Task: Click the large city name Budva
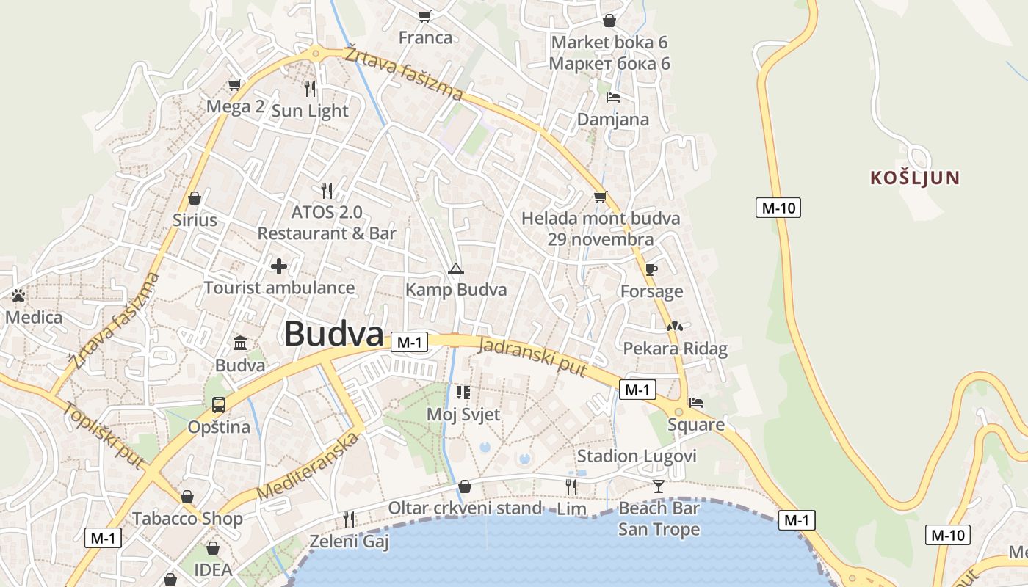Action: coord(334,334)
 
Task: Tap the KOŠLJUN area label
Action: coord(915,178)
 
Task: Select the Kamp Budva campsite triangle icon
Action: coord(456,269)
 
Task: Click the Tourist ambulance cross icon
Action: coord(279,266)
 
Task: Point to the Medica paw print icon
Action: coord(18,296)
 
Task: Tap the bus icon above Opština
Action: coord(219,404)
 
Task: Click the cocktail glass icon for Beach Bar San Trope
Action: coord(659,486)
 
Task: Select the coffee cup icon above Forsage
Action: coord(651,269)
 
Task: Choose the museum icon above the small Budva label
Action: coord(240,343)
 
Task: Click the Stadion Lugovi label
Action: coord(637,456)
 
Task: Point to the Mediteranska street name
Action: coord(308,467)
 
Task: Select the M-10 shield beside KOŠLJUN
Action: coord(778,208)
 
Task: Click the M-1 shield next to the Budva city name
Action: coord(410,342)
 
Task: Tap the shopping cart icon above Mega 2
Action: coord(235,84)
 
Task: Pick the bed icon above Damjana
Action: coord(613,98)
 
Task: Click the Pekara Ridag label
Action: coord(675,349)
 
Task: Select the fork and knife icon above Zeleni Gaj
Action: coord(349,519)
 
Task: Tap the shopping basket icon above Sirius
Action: coord(195,198)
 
